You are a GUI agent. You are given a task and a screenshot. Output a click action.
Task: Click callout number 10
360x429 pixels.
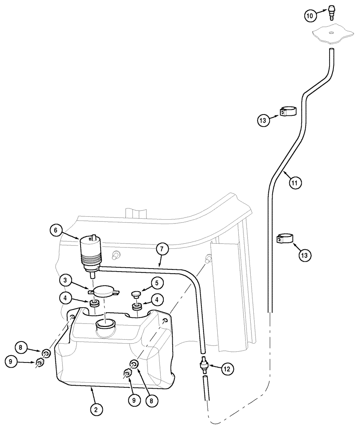click(311, 16)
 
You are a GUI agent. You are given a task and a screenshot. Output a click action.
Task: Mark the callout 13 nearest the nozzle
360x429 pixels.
click(264, 121)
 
